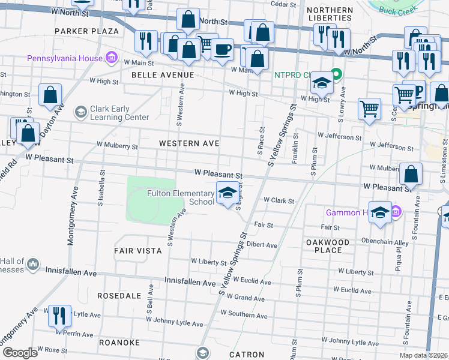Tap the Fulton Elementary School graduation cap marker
[226, 193]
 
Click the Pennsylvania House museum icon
[111, 58]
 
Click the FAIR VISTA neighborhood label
[138, 250]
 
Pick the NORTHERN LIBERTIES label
[330, 15]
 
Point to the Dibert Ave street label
[262, 245]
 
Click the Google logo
[20, 353]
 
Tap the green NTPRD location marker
[337, 75]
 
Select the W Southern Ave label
[243, 313]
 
